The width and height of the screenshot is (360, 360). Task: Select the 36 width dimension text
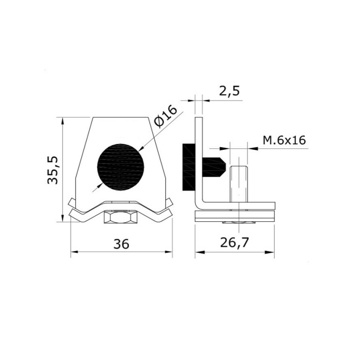pos(121,244)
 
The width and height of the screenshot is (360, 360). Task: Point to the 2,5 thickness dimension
pos(229,91)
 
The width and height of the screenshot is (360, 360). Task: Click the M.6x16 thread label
pos(284,140)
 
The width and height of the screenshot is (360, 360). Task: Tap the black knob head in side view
pos(188,166)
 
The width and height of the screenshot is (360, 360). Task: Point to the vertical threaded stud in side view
pos(238,185)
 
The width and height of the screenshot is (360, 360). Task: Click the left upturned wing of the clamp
pos(73,205)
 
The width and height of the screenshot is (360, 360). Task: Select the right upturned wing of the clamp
pos(170,205)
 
